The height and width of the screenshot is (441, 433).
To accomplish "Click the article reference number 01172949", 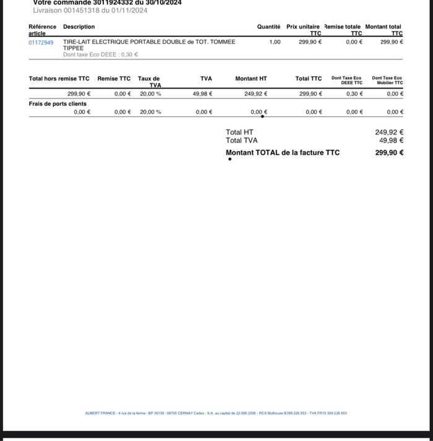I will (x=41, y=43).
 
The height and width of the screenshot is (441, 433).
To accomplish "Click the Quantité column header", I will (x=268, y=27).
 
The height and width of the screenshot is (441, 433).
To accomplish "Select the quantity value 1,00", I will (x=275, y=42).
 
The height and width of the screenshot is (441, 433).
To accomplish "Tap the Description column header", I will (x=79, y=27).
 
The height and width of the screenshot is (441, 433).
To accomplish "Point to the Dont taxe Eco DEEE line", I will (x=100, y=55).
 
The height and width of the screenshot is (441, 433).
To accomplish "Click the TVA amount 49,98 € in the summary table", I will (x=202, y=94).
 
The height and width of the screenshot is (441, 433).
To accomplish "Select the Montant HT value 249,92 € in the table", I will (x=255, y=94).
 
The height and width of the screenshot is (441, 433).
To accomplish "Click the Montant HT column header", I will (x=251, y=79).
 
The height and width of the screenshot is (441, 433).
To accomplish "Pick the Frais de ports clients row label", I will (x=58, y=103).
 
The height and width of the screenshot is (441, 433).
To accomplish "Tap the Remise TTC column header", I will (x=114, y=79).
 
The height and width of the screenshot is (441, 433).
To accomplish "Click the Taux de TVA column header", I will (x=149, y=82).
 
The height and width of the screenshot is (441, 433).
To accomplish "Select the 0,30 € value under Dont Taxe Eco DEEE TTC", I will (x=354, y=94).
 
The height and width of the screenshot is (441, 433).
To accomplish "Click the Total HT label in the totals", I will (x=239, y=132).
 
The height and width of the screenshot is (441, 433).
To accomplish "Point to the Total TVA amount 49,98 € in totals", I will (x=391, y=141).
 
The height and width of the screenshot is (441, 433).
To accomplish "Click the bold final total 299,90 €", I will (x=389, y=152).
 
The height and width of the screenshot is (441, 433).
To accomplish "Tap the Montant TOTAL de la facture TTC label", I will (x=283, y=152).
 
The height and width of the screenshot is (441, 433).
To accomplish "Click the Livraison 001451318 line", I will (x=90, y=11).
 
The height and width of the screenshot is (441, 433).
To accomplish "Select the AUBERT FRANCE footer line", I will (x=216, y=413).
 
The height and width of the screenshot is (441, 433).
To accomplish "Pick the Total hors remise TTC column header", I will (x=59, y=79).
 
